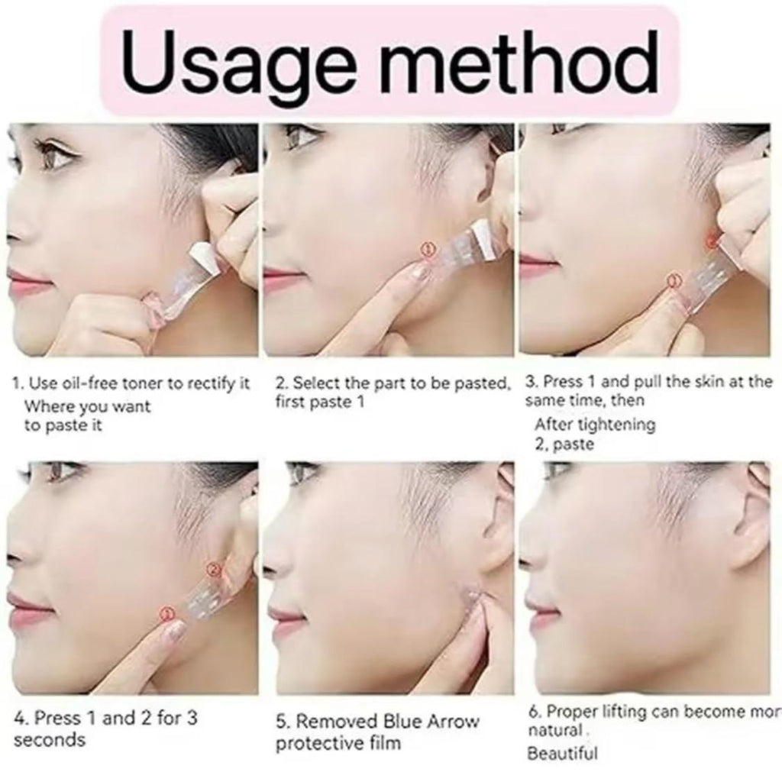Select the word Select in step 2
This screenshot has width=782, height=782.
point(315,383)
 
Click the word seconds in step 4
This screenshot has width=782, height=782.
point(50,739)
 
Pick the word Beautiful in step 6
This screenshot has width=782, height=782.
point(562,753)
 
